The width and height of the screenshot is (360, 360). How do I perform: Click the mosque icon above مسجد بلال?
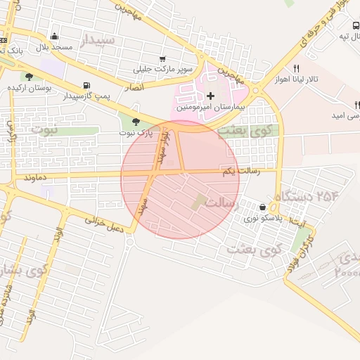point(55,37)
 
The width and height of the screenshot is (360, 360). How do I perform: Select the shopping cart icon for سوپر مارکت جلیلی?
point(163,59)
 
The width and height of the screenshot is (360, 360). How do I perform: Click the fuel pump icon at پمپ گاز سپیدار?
point(86,84)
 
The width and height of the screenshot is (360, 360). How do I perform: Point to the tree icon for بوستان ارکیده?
point(29,77)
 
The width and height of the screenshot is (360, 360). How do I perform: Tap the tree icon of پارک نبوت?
point(136,121)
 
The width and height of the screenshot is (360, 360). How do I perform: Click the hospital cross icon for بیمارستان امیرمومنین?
point(210,95)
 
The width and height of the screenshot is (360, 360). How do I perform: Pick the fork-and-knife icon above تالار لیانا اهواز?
point(297,68)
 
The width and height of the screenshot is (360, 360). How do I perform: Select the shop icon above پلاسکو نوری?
point(263,207)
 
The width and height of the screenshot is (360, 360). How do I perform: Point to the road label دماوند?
point(34,179)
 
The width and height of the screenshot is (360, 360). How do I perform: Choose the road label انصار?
point(135,87)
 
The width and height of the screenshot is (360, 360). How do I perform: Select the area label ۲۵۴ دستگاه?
point(307,195)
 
